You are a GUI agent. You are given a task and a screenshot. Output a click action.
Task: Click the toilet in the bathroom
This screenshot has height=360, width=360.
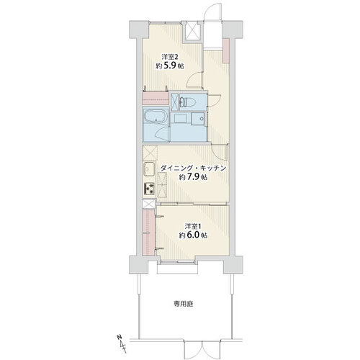point(181,102)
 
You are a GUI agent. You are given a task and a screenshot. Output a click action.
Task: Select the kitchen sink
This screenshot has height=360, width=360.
point(149,171)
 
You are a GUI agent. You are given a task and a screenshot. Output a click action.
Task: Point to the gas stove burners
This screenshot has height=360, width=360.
point(149,189)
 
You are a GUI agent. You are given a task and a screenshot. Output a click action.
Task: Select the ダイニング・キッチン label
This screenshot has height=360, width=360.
point(194,167)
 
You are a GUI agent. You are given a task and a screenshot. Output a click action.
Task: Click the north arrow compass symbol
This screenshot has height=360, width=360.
point(118,338)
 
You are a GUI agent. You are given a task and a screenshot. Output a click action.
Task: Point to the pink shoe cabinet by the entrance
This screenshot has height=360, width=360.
point(225,51)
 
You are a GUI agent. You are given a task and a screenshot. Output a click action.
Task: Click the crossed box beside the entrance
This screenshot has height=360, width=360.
point(192,32)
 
